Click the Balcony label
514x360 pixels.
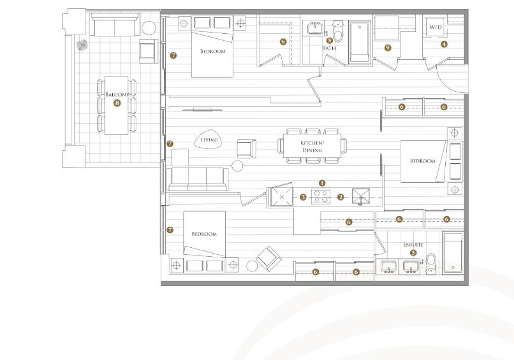click(117, 95)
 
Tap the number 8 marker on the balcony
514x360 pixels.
click(117, 103)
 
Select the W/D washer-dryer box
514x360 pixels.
click(436, 27)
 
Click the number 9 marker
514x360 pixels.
click(388, 48)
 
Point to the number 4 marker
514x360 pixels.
click(444, 44)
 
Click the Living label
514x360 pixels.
click(209, 140)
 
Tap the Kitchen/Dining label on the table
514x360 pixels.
click(312, 147)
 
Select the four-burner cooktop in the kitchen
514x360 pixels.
click(320, 196)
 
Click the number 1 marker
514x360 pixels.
click(322, 183)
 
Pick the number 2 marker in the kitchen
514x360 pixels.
click(341, 197)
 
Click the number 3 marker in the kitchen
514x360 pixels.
click(303, 197)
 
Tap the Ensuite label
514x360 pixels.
click(413, 245)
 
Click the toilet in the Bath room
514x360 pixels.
click(337, 31)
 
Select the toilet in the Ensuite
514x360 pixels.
click(430, 264)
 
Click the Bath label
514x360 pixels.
click(329, 48)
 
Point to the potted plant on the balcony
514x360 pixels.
click(82, 45)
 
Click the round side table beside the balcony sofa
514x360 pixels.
click(149, 28)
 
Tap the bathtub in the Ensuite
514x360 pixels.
click(453, 252)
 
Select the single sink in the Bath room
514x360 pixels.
click(315, 27)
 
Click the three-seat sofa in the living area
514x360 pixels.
click(198, 179)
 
